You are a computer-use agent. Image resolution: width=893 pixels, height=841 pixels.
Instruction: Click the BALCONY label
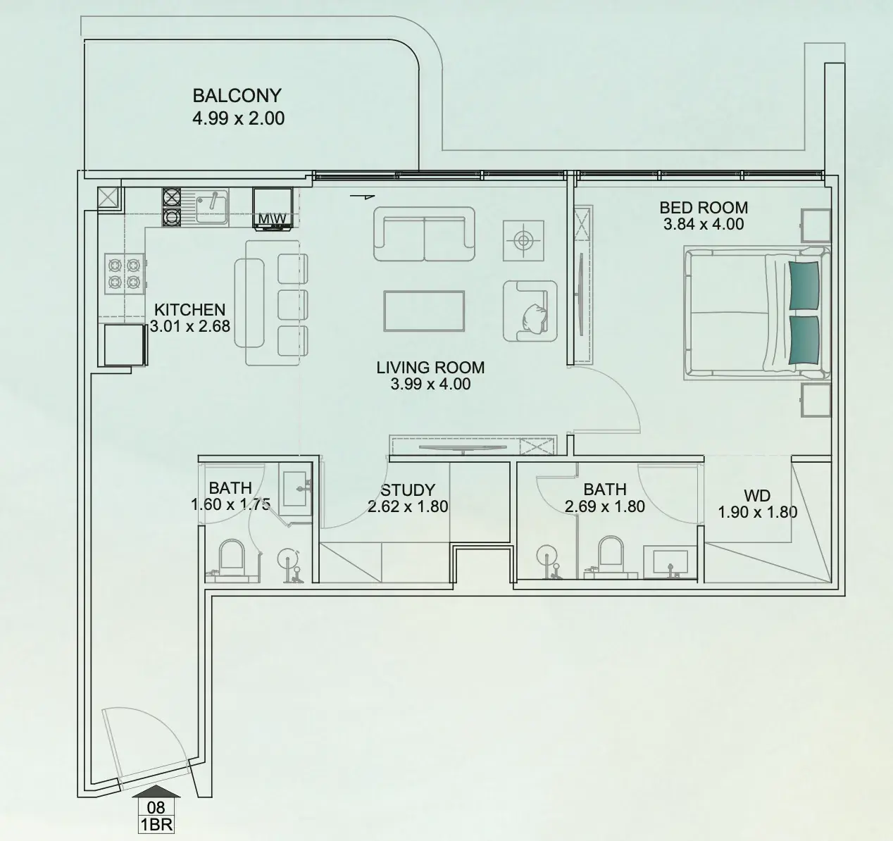(x=237, y=95)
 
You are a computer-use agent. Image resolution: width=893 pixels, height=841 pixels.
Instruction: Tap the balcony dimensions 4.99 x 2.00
(x=238, y=118)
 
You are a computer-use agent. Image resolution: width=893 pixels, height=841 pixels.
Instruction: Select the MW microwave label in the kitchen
(x=272, y=219)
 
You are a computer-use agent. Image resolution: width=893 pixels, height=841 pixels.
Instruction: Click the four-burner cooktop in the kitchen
(x=124, y=274)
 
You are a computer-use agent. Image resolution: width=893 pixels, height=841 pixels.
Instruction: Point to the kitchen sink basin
(x=212, y=207)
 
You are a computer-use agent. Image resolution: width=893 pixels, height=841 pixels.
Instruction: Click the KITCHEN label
(x=189, y=309)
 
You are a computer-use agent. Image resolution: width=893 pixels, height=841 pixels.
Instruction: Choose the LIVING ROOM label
(x=430, y=368)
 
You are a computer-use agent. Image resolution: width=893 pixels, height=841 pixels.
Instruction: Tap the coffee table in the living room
(x=424, y=311)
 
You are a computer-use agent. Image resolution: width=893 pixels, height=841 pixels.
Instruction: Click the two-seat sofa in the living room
(x=424, y=234)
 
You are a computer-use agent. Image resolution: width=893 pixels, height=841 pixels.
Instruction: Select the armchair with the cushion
(x=530, y=311)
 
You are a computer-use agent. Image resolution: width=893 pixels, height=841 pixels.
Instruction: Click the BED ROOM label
(x=704, y=207)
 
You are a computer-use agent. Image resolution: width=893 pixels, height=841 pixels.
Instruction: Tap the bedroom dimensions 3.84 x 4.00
(x=704, y=224)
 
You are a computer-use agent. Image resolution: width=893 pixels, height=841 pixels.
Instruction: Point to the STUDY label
(x=408, y=490)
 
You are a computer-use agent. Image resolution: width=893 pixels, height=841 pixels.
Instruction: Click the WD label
(x=757, y=496)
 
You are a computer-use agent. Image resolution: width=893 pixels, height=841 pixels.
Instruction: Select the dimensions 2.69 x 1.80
(x=605, y=506)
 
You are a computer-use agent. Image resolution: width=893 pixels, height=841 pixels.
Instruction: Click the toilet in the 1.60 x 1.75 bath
(x=232, y=560)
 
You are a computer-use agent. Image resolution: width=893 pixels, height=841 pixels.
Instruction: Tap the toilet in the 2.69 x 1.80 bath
(x=611, y=556)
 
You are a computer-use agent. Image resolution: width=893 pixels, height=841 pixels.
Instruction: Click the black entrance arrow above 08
(x=156, y=791)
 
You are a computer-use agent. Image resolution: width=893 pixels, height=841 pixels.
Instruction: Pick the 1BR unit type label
(x=156, y=825)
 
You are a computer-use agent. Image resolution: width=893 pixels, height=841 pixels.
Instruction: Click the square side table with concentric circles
(x=523, y=241)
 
